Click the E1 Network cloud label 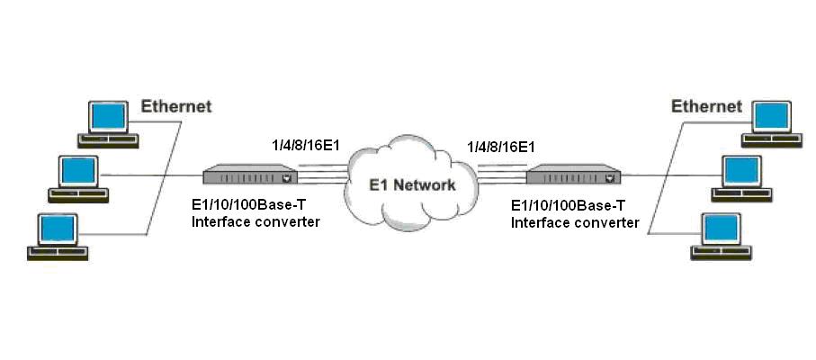pos(413,185)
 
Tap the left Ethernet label pos(175,106)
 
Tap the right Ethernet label pos(706,106)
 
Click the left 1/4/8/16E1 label pos(306,146)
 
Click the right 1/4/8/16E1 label pos(501,146)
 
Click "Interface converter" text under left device pos(256,221)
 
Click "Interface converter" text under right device pos(575,221)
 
